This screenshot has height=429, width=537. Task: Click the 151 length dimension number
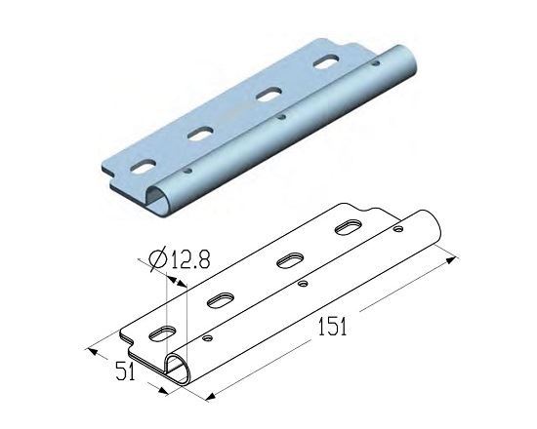click(x=332, y=327)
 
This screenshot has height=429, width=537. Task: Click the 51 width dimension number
click(x=125, y=370)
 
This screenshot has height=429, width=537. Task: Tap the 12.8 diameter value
click(x=190, y=259)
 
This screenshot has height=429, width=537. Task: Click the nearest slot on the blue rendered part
click(x=144, y=167)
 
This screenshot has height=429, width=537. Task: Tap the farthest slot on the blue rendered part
click(x=327, y=61)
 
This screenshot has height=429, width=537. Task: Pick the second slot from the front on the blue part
click(x=200, y=134)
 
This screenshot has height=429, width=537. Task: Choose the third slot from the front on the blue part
click(x=269, y=95)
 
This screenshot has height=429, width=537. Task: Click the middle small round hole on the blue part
click(x=282, y=117)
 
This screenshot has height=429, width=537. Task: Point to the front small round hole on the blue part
click(x=187, y=171)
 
